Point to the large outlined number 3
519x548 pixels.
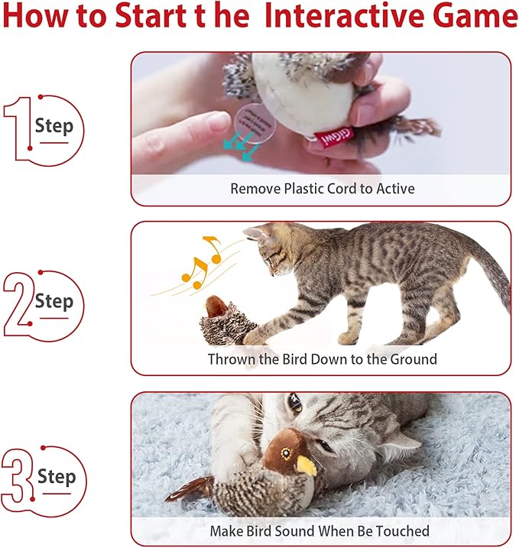point(17,478)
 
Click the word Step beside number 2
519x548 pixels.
point(54,301)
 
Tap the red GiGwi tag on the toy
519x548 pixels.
point(330,133)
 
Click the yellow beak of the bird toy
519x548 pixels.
point(306,465)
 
